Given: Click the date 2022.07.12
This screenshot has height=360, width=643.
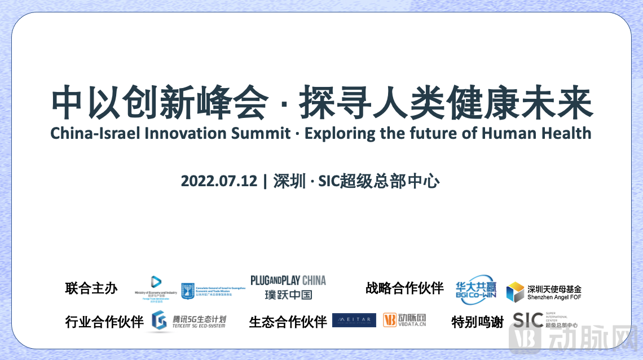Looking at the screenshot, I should tap(219, 182).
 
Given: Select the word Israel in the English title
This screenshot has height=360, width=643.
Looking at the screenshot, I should tap(119, 133).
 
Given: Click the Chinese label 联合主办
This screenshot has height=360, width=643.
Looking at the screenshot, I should tap(91, 288).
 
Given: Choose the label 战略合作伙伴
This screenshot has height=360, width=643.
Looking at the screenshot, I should tap(404, 288).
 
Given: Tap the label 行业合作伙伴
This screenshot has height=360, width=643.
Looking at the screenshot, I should tap(104, 322).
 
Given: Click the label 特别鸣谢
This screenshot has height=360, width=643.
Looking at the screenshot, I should tap(477, 322).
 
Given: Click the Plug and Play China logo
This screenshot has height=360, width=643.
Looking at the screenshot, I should tap(288, 287).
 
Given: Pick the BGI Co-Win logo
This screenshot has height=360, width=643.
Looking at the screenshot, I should tap(475, 288).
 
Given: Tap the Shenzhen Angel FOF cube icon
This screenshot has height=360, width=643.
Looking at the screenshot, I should tap(514, 292).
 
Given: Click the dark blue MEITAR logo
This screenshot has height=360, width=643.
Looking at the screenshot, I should tap(354, 321).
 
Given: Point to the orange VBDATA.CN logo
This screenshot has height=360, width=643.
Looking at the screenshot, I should tap(404, 321).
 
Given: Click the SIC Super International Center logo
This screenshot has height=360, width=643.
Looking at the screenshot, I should tap(544, 321).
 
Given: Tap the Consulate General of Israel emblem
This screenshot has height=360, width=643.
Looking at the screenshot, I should tap(188, 291).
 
